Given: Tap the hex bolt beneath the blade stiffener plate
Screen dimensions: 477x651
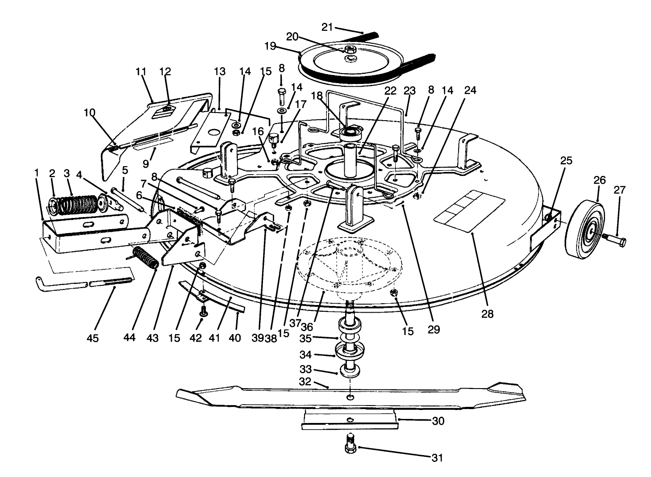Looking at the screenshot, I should (351, 445).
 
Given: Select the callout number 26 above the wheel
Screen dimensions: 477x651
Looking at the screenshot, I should (600, 180).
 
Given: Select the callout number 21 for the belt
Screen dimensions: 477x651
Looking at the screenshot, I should (327, 28).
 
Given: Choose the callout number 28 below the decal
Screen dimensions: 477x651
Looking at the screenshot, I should (487, 314).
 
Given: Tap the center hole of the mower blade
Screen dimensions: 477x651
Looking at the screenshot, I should (351, 397).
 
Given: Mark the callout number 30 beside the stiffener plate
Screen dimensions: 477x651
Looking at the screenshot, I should (438, 421).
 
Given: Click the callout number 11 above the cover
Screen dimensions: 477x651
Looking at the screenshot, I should (141, 71).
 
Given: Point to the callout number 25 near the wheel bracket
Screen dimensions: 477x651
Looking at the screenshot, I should (566, 161).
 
